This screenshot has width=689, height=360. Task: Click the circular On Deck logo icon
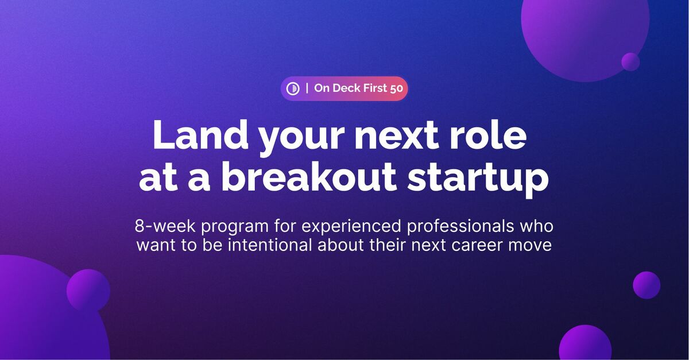click(293, 88)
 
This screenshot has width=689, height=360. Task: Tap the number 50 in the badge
click(397, 88)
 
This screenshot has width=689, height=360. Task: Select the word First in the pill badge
click(375, 88)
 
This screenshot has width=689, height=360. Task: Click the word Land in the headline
click(200, 135)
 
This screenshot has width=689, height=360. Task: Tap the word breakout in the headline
click(308, 177)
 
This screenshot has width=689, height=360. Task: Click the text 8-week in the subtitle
click(165, 226)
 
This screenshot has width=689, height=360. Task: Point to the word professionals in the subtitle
click(460, 227)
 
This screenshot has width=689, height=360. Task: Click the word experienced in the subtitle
click(351, 227)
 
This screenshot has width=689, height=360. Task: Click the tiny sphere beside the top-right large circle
click(630, 62)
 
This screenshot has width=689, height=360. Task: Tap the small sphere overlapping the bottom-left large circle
click(88, 291)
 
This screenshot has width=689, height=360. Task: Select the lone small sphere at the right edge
click(647, 285)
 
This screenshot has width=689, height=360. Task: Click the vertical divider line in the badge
click(307, 88)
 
